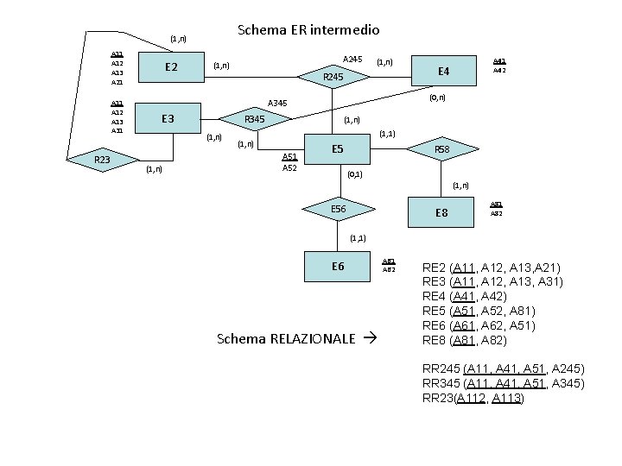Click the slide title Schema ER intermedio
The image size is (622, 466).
[x=308, y=30]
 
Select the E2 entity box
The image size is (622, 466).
[x=170, y=67]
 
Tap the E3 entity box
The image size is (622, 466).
[x=170, y=118]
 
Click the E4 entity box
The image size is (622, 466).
[x=444, y=71]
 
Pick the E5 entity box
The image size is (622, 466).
[x=338, y=150]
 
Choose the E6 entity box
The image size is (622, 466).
[x=338, y=266]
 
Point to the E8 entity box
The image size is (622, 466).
[x=442, y=211]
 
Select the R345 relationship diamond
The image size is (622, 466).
[x=254, y=118]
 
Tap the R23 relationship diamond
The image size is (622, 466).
[x=102, y=159]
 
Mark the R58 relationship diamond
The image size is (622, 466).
[x=441, y=149]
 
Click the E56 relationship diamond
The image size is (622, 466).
[x=338, y=209]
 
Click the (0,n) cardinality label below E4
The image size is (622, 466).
[x=438, y=98]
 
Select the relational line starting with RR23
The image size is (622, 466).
[x=473, y=398]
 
